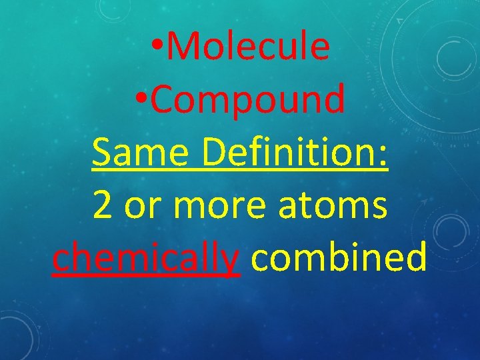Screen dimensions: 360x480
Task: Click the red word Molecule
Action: click(249, 47)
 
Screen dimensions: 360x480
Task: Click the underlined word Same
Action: click(142, 153)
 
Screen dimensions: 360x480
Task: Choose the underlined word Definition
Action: click(293, 153)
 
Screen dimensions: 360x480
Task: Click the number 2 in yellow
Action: click(103, 206)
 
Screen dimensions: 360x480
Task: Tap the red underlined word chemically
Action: click(145, 259)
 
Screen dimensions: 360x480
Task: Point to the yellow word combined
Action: click(339, 257)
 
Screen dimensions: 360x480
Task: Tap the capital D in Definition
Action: click(215, 153)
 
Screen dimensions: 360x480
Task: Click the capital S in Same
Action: click(102, 153)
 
